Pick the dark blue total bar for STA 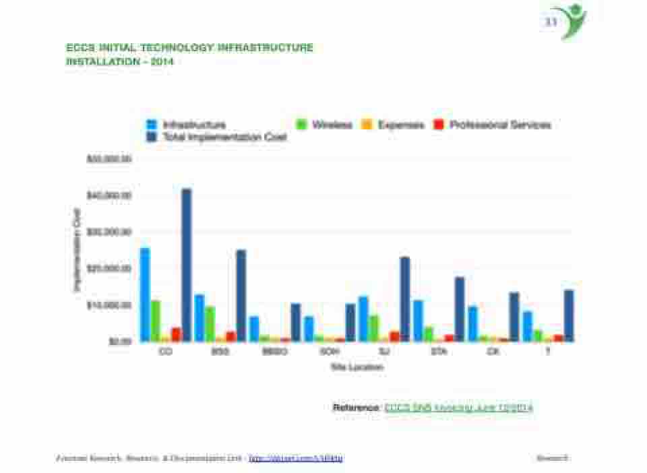pyautogui.click(x=460, y=309)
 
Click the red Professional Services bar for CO pyautogui.click(x=176, y=334)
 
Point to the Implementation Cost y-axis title pyautogui.click(x=77, y=249)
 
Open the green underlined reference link pyautogui.click(x=459, y=408)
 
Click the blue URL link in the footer pyautogui.click(x=296, y=458)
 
